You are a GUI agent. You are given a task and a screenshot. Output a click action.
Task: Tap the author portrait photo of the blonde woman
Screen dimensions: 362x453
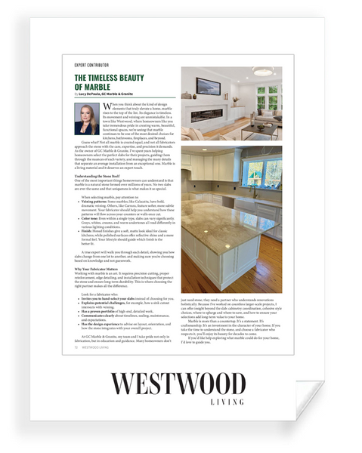tap(86, 119)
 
